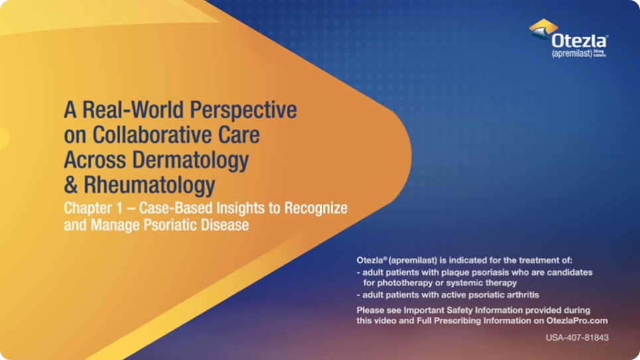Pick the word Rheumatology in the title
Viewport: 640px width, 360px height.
[149, 184]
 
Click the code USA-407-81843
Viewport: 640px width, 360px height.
[576, 338]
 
